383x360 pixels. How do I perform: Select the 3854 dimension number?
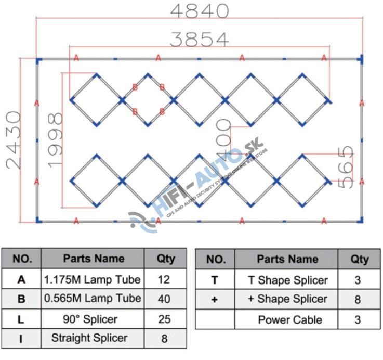[200, 38]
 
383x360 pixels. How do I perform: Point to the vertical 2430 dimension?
[14, 139]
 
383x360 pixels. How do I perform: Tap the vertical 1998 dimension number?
[54, 139]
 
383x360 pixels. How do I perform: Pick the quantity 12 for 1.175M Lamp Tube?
[164, 279]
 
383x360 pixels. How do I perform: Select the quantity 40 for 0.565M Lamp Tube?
[164, 299]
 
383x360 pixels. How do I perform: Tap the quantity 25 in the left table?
[164, 318]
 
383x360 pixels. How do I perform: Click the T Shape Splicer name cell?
[287, 280]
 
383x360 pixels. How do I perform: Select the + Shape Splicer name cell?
[287, 299]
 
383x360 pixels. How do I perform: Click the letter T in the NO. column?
[215, 280]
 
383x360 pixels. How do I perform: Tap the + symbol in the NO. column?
[215, 299]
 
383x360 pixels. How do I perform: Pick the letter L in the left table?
[21, 318]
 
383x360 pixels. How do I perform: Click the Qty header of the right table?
[359, 259]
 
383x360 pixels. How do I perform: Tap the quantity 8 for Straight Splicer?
[164, 338]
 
